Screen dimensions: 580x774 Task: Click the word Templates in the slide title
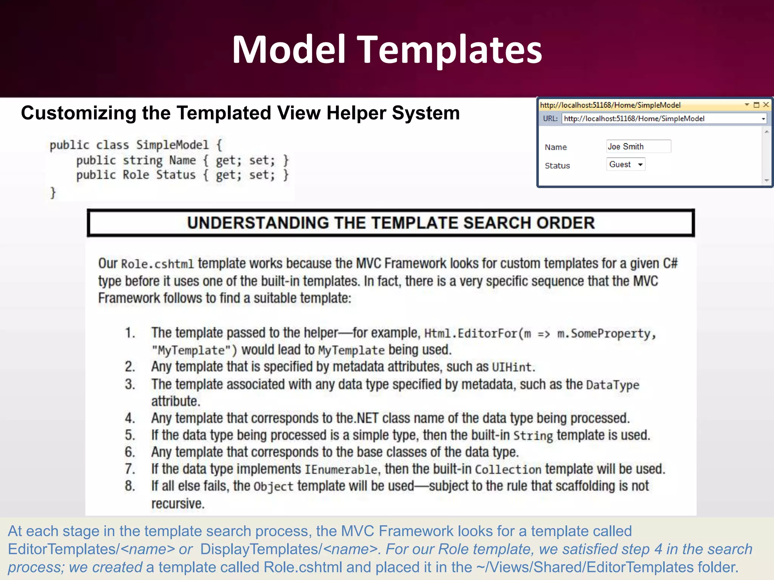coord(449,50)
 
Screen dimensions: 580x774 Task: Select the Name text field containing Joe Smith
coord(638,147)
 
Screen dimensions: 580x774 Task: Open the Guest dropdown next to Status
coord(626,164)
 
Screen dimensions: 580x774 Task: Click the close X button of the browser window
coord(766,105)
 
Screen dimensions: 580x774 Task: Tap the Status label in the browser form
coord(557,166)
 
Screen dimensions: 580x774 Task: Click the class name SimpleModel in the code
coord(172,145)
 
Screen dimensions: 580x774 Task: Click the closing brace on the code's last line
coord(53,193)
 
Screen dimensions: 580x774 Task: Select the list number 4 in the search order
coord(130,418)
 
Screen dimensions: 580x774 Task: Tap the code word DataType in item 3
coord(612,385)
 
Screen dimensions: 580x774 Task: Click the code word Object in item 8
coord(273,486)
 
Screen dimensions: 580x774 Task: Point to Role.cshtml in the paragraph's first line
coord(157,264)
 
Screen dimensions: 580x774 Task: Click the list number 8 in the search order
coord(130,486)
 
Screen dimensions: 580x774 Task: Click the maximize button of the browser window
coord(756,105)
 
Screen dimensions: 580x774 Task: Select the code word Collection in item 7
coord(508,469)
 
